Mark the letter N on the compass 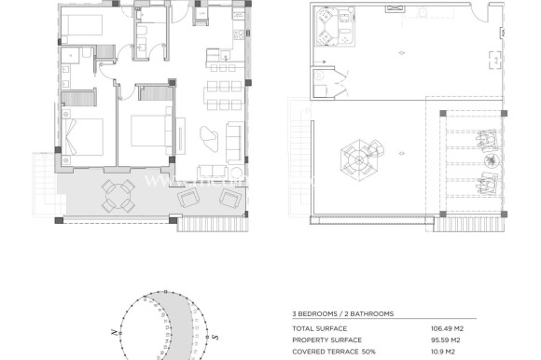pyautogui.click(x=113, y=332)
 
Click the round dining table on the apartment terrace pyautogui.click(x=117, y=194)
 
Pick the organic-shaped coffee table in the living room pyautogui.click(x=212, y=137)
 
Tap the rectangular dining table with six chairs pyautogui.click(x=221, y=94)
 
